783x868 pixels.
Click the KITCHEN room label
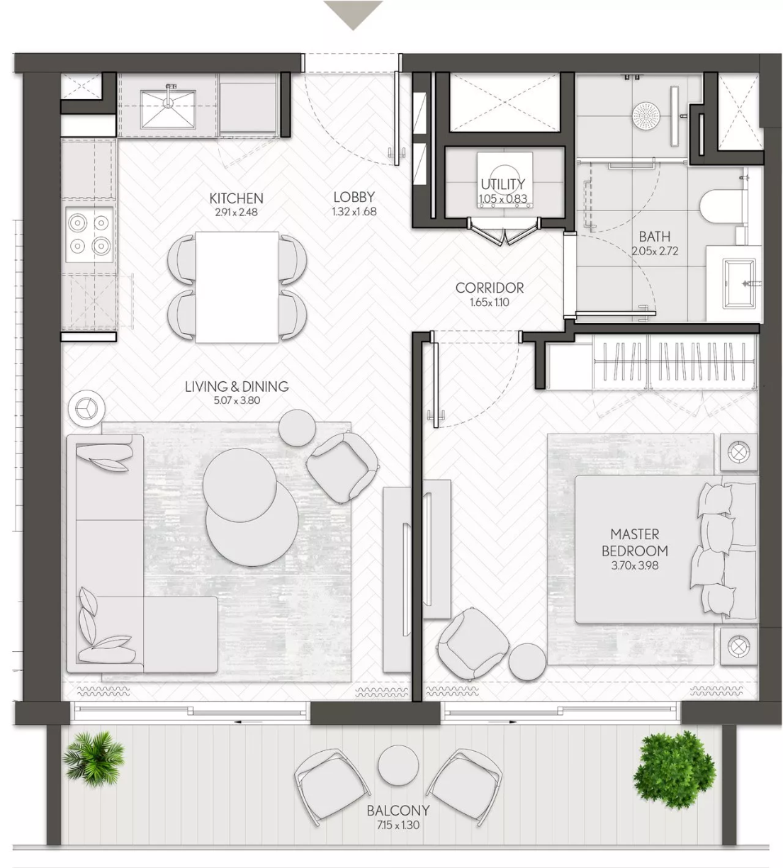click(x=237, y=198)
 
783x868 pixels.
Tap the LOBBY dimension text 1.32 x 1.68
click(x=354, y=212)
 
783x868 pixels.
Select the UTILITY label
click(x=503, y=184)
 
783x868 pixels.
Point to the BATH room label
click(x=655, y=237)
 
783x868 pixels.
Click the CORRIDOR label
click(x=490, y=288)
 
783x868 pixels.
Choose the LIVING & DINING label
click(x=237, y=386)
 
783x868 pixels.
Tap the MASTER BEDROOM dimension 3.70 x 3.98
click(x=634, y=565)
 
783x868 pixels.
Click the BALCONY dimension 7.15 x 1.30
click(x=398, y=825)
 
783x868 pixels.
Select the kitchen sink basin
click(x=168, y=110)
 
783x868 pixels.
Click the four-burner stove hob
click(x=89, y=235)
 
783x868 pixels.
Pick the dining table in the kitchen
click(x=237, y=287)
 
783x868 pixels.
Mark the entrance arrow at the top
click(x=354, y=15)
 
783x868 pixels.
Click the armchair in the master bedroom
click(x=473, y=643)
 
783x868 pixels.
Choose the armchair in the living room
click(x=342, y=468)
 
